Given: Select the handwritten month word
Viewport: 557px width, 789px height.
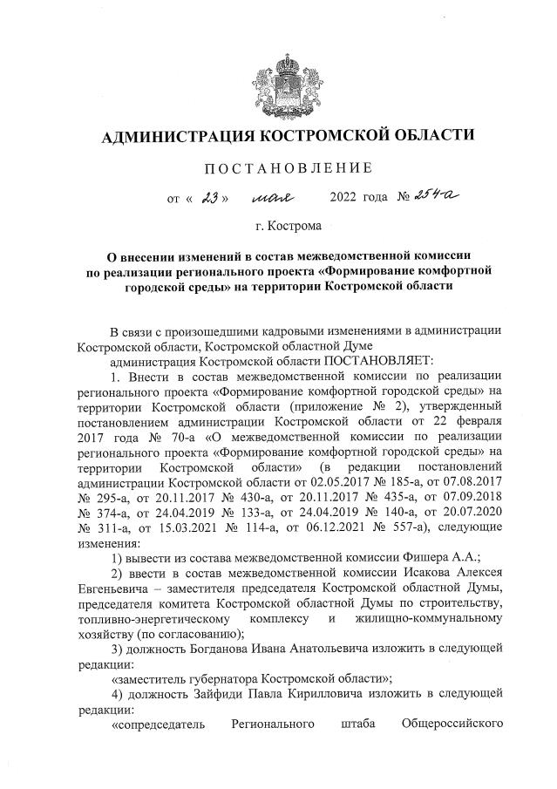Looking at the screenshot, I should click(x=274, y=198).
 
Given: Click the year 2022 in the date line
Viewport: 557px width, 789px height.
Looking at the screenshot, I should click(x=346, y=198).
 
